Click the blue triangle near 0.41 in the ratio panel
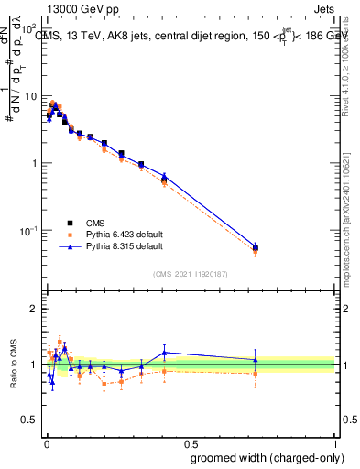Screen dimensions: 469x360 point(164,353)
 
